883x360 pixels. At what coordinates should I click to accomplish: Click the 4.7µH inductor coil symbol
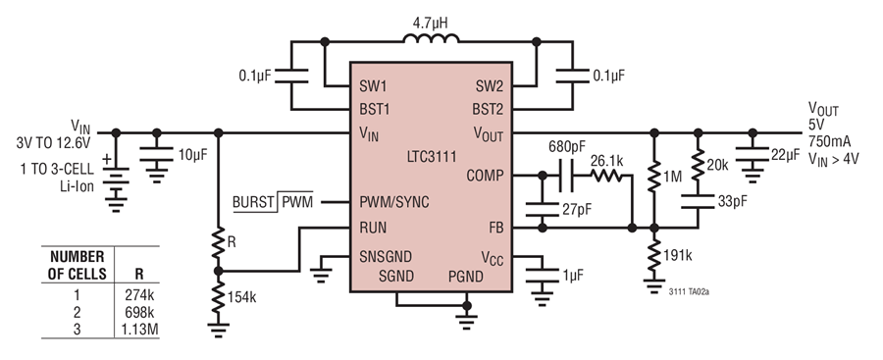coord(431,38)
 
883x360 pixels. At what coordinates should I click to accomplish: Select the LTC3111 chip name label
coord(432,156)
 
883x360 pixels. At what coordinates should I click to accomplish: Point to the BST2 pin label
coord(488,109)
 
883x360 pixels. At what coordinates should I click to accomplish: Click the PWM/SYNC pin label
coord(394,202)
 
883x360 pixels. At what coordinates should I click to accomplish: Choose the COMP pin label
coord(485,176)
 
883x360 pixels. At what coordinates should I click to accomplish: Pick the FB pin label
coord(496,228)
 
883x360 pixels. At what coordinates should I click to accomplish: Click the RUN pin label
coord(374,228)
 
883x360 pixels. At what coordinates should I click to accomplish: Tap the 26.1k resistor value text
coord(607,161)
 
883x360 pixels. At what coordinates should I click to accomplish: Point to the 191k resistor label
coord(677,255)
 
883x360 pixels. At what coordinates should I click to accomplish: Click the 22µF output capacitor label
coord(785,154)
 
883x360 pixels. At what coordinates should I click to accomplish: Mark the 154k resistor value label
coord(241,297)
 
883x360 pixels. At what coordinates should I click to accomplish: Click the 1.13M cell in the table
coord(139,330)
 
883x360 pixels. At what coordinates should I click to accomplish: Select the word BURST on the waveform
coord(253,203)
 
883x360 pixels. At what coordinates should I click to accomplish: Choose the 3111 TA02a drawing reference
coord(689,292)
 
